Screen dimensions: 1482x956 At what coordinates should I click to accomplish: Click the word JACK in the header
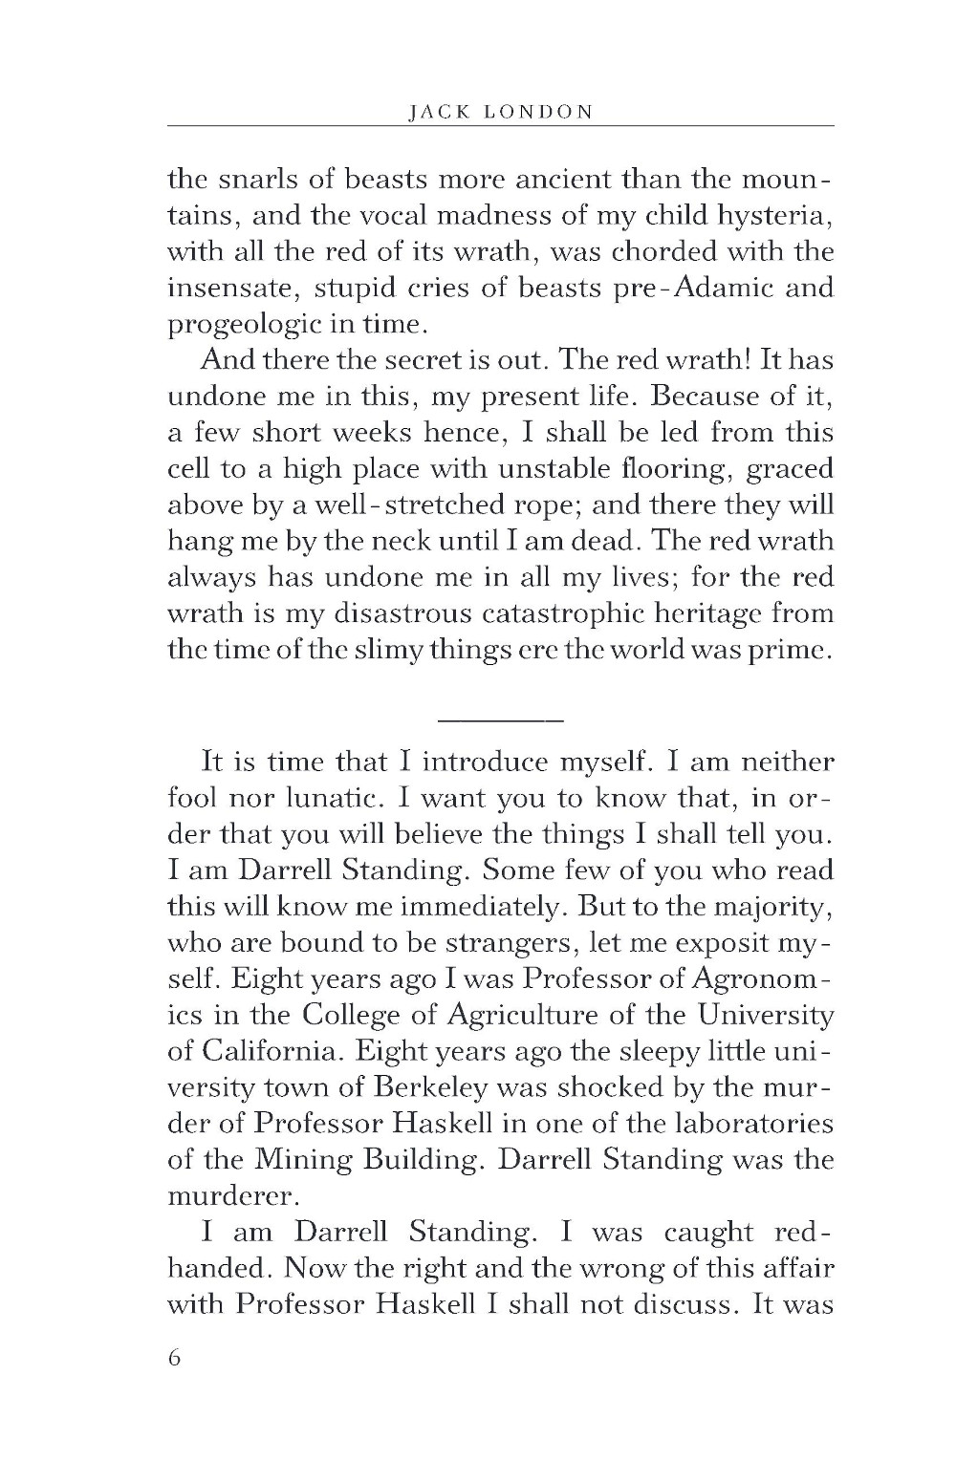click(435, 111)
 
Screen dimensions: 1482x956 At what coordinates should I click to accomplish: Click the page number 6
click(174, 1360)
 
